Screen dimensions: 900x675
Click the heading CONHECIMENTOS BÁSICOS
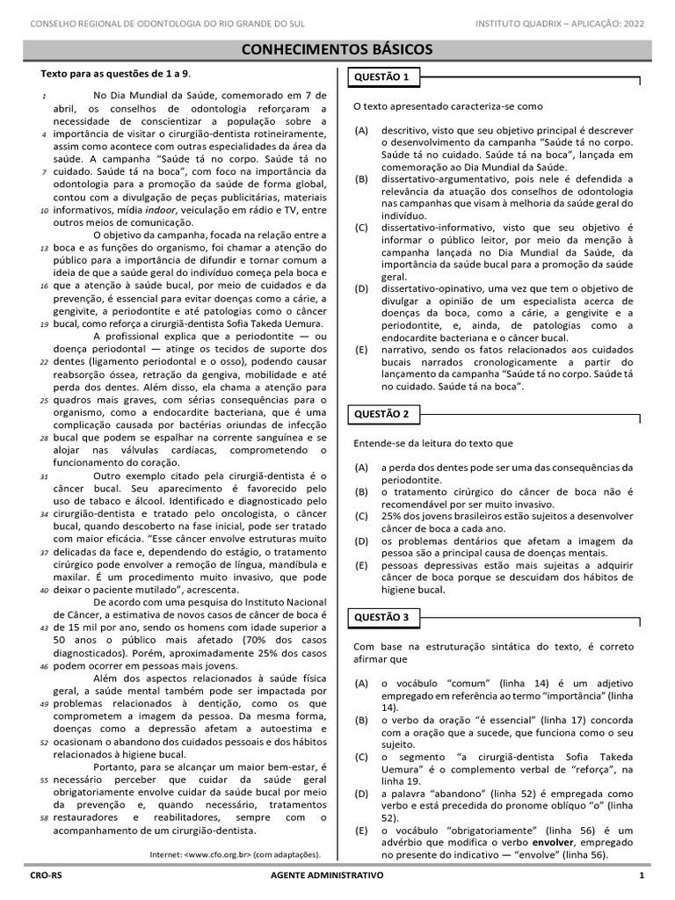(x=337, y=49)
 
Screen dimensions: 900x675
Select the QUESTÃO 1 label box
(x=381, y=78)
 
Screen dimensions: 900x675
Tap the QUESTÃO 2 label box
(x=381, y=413)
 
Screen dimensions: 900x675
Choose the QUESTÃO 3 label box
(x=381, y=617)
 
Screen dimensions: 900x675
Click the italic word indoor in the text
(x=159, y=210)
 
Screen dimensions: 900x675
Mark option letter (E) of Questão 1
(x=361, y=349)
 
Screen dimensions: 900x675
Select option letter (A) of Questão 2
(x=361, y=468)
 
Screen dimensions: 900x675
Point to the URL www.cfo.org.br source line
(x=236, y=853)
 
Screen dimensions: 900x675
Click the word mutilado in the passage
(x=163, y=591)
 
